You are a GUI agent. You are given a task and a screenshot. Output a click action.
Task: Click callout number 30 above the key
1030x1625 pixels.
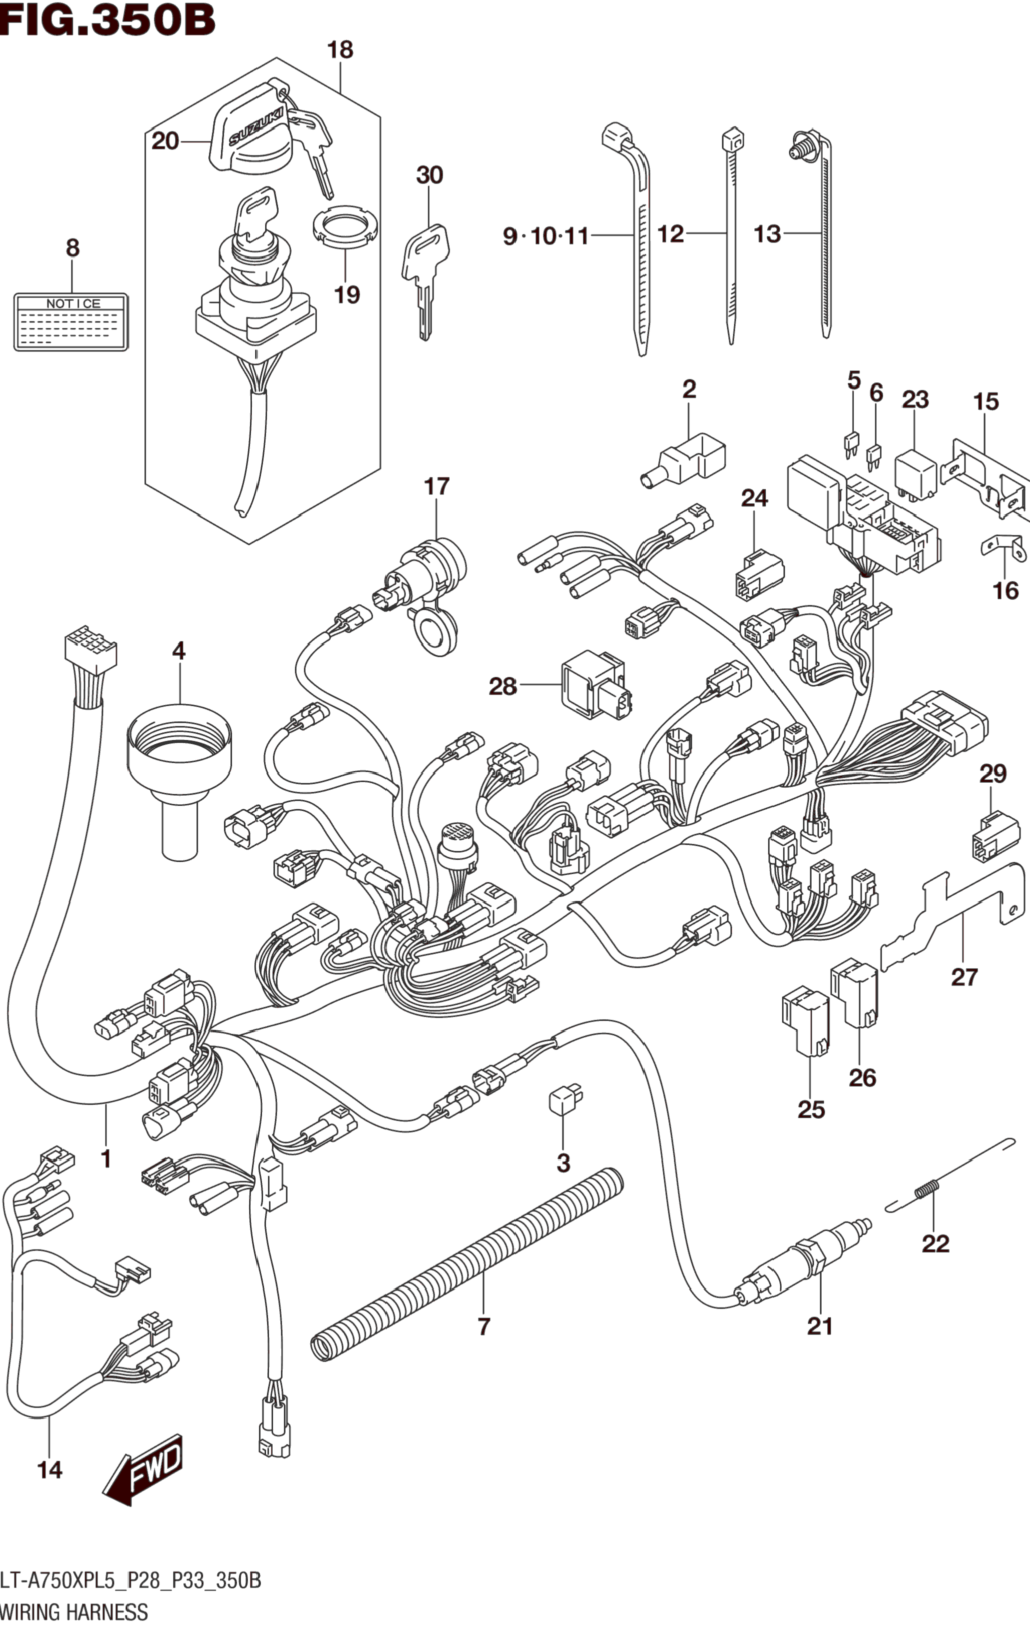(430, 175)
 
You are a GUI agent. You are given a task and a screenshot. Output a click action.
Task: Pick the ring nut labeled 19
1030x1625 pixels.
(345, 225)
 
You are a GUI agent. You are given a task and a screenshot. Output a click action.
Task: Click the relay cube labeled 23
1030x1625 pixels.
(915, 474)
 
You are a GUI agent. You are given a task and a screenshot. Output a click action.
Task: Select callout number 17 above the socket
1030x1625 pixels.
(437, 486)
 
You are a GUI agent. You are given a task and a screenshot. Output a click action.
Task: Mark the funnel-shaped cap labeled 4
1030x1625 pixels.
(179, 769)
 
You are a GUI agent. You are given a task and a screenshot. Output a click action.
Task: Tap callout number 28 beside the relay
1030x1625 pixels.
(503, 687)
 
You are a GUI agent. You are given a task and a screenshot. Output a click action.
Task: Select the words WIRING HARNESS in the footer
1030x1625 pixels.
(74, 1612)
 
